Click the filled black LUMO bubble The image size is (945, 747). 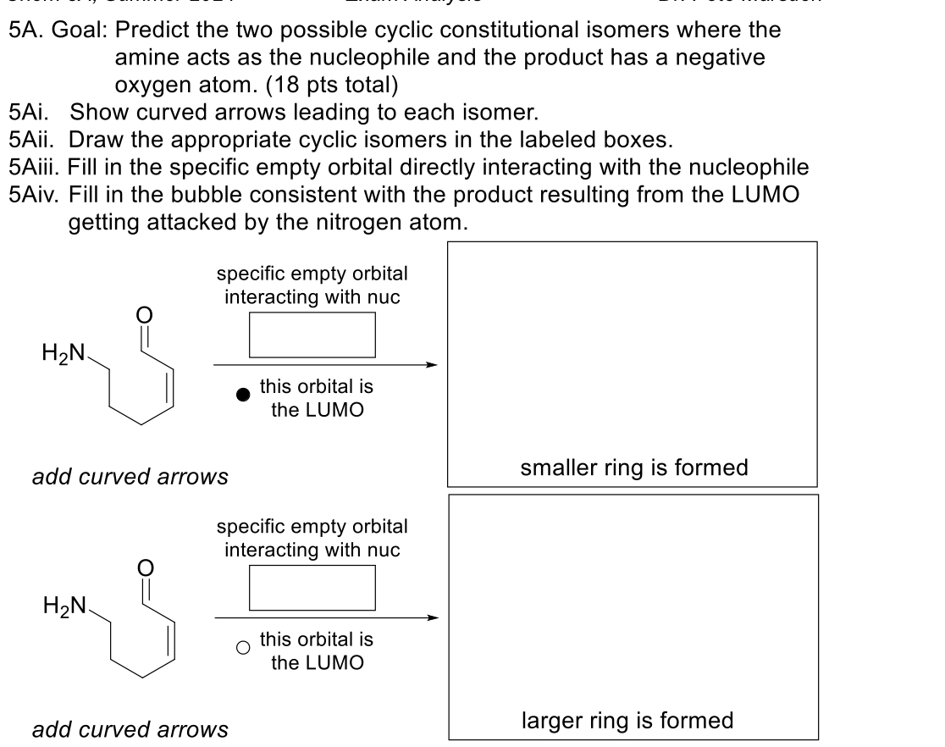coord(244,395)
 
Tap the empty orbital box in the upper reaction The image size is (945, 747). coord(312,335)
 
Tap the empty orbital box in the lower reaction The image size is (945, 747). coord(312,586)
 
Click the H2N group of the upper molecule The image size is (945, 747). coord(61,353)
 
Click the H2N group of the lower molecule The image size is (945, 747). coord(61,606)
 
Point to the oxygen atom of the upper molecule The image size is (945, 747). coord(143,315)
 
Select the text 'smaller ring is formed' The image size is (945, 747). coord(633,468)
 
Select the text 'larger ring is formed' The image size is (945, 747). coord(627,720)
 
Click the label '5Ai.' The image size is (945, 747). coord(29,111)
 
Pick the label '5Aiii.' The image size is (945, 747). coord(34,167)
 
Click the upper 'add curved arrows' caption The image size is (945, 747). coord(130,477)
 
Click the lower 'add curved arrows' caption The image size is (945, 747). coord(130,728)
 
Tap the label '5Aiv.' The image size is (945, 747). coord(33,195)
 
